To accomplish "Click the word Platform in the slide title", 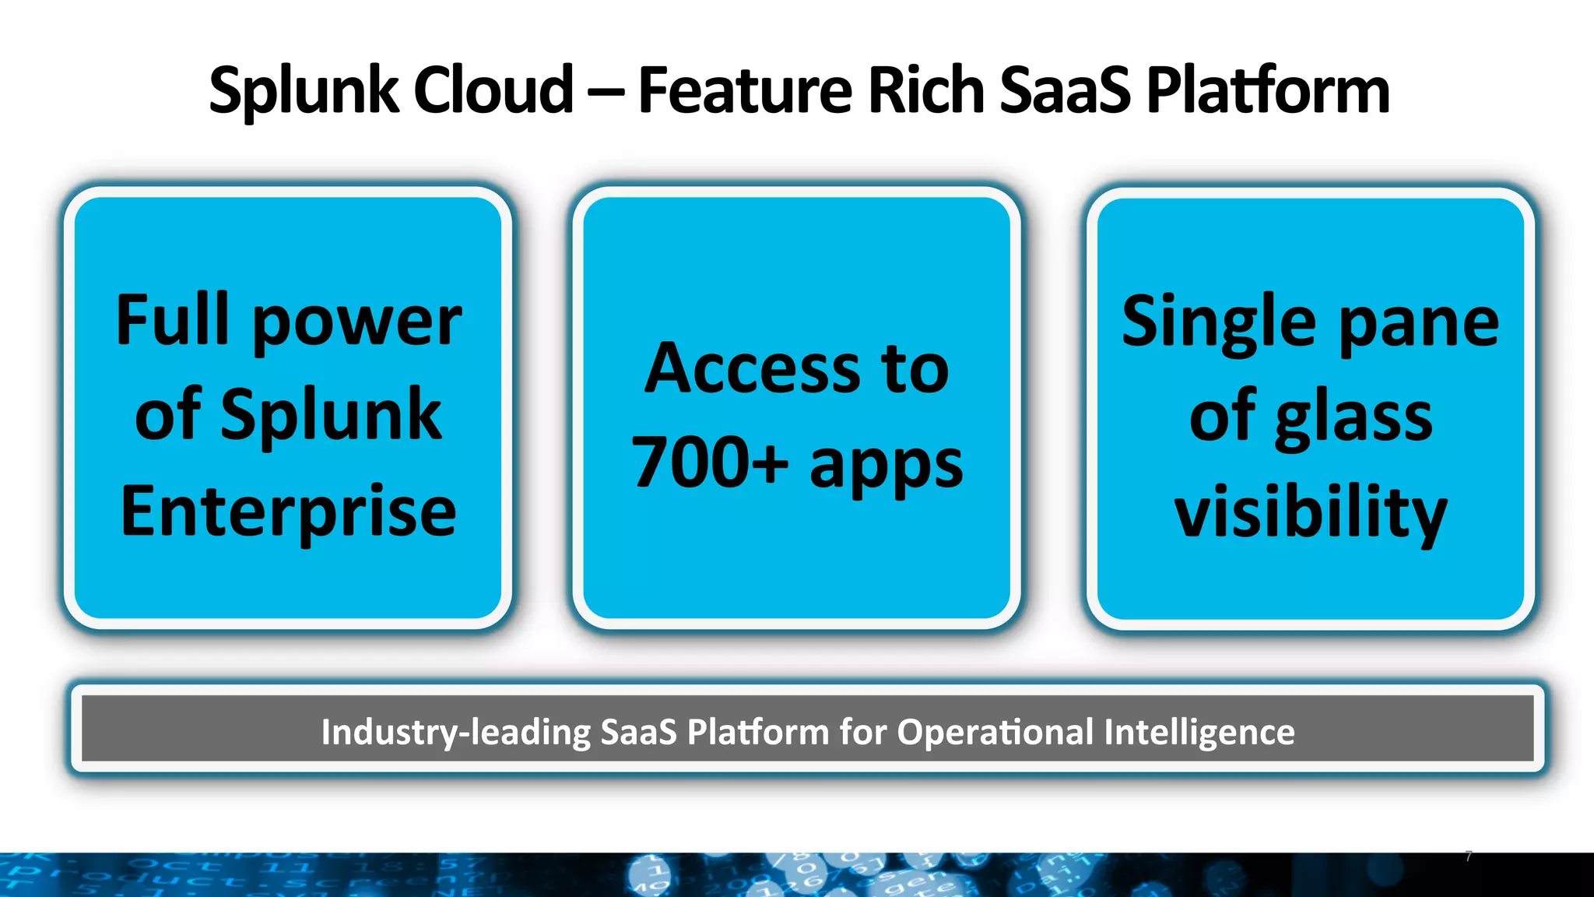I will [1268, 91].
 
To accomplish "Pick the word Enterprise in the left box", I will [288, 512].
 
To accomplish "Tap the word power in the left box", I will [357, 322].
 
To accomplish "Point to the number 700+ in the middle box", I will [709, 463].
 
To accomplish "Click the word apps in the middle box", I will [886, 466].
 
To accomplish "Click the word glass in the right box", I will [1353, 419].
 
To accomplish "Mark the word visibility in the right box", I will [1311, 512].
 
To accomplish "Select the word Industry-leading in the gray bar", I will [456, 732].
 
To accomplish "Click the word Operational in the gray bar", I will [995, 732].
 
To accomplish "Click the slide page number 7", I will [1469, 857].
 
